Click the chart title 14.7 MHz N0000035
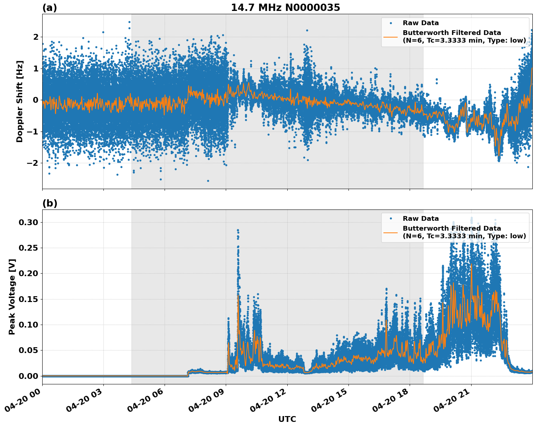pyautogui.click(x=285, y=8)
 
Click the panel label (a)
pyautogui.click(x=50, y=8)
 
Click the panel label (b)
pyautogui.click(x=50, y=203)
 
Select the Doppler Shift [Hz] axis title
pyautogui.click(x=20, y=101)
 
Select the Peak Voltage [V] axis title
pyautogui.click(x=12, y=297)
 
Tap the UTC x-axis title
pyautogui.click(x=287, y=419)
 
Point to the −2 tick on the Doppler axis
pyautogui.click(x=33, y=163)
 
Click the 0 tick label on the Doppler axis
pyautogui.click(x=36, y=100)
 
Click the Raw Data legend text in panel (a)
pyautogui.click(x=421, y=23)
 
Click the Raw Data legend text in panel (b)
pyautogui.click(x=421, y=219)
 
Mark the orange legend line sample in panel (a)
pyautogui.click(x=391, y=36)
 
